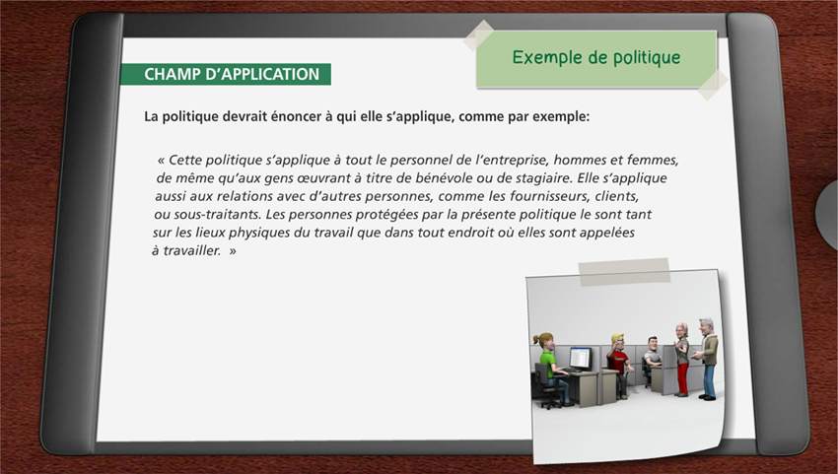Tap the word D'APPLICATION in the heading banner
262,74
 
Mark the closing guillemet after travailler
233,251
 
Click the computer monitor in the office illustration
580,358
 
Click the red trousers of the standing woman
682,378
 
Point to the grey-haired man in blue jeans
707,359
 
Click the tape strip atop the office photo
624,272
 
